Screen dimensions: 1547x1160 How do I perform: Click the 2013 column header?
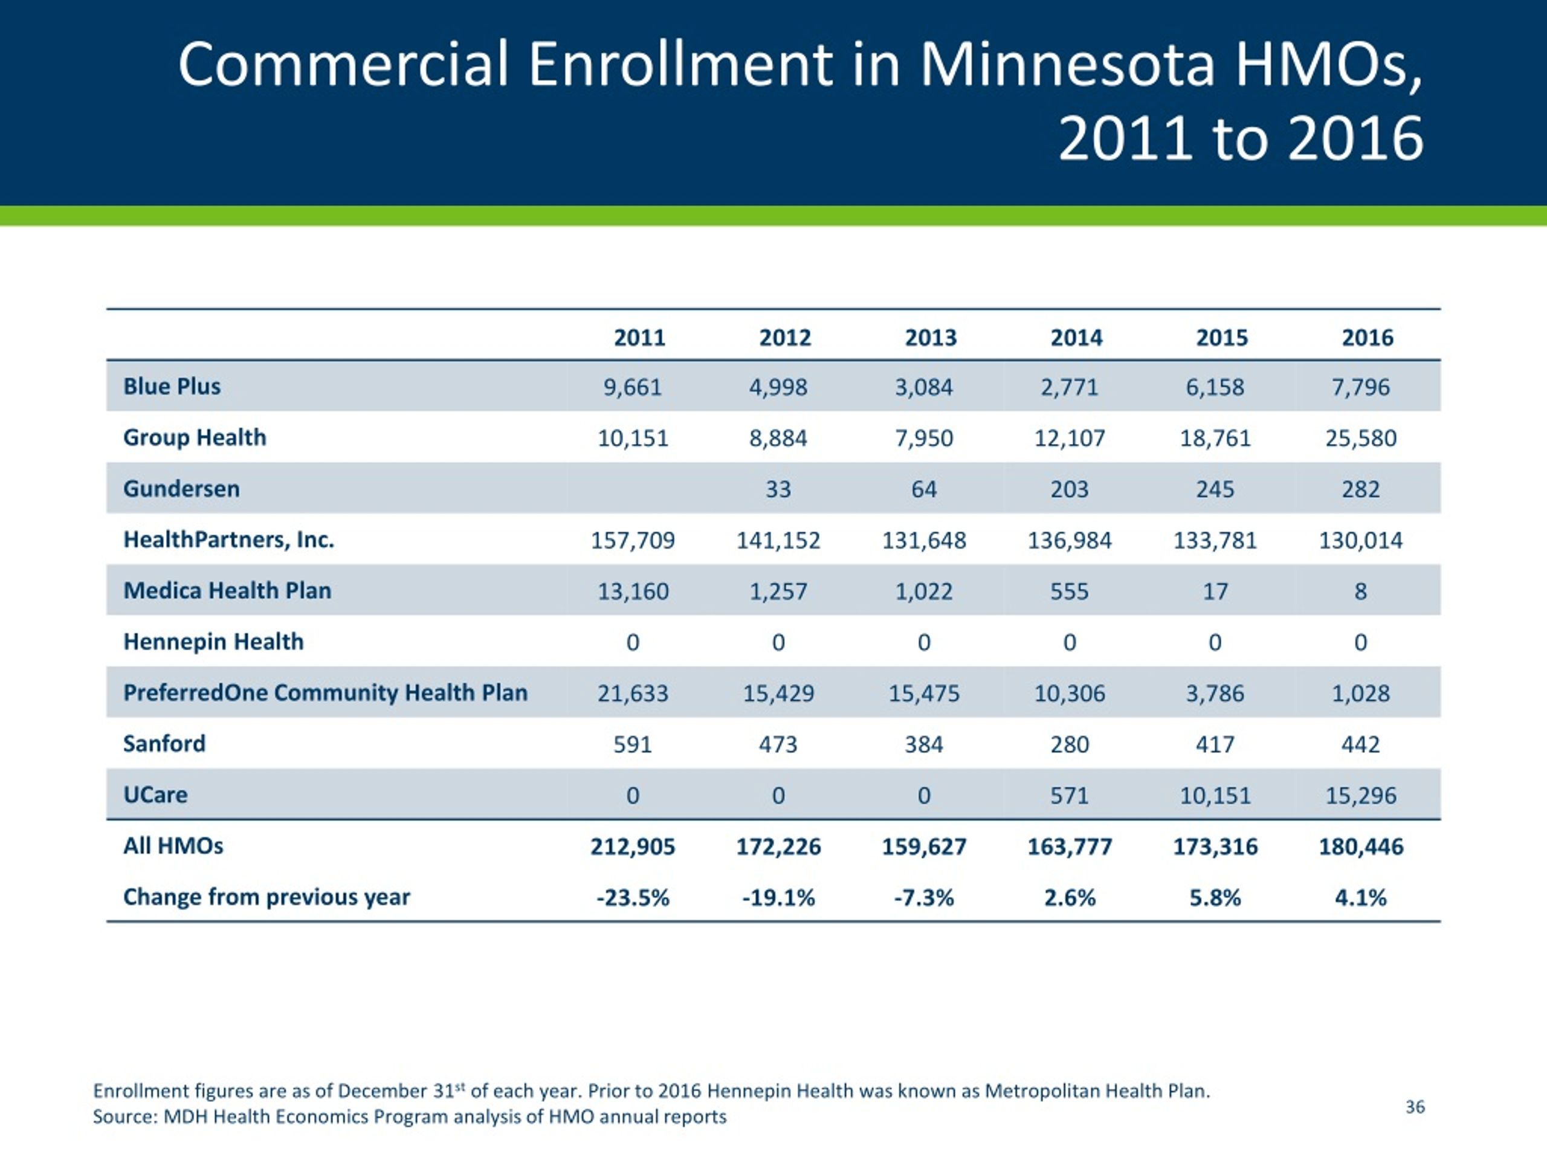[x=930, y=338]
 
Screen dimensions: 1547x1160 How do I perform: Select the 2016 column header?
[x=1368, y=338]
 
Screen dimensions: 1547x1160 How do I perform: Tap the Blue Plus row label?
[x=172, y=386]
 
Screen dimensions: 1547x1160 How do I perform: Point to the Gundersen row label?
[x=181, y=488]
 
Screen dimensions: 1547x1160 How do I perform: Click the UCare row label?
[x=155, y=795]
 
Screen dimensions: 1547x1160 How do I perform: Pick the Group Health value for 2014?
[x=1070, y=439]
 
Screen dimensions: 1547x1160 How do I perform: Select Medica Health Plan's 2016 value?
[x=1360, y=591]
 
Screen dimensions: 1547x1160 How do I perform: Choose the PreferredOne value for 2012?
[x=778, y=693]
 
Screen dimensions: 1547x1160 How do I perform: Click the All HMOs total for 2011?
[x=633, y=847]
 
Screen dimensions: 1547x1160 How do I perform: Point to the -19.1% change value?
[x=778, y=897]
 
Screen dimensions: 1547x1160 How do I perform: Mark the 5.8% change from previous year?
[x=1215, y=897]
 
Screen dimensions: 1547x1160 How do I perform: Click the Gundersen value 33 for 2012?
[x=778, y=489]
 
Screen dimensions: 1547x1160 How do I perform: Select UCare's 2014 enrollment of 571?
[x=1070, y=796]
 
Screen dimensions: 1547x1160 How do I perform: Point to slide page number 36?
[x=1415, y=1107]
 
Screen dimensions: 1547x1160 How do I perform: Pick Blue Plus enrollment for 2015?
[x=1215, y=387]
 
